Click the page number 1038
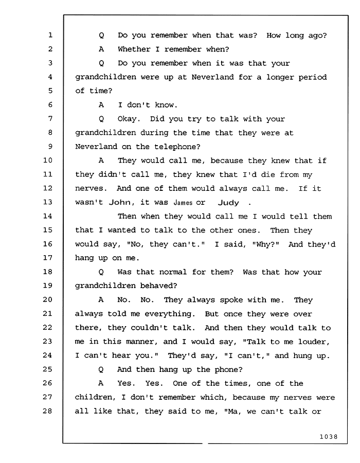coord(329,437)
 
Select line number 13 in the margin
coord(48,202)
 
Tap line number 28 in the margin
coord(48,411)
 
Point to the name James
coord(183,203)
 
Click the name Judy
coord(228,203)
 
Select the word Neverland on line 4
coord(212,77)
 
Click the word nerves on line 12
coord(89,189)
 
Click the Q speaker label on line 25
coord(101,370)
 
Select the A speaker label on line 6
coord(101,105)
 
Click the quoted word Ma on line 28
coord(233,412)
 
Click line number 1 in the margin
coord(50,35)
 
